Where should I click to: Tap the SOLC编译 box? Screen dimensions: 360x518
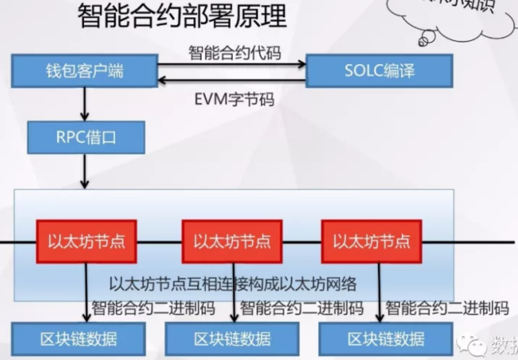[379, 70]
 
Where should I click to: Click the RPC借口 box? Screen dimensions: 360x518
[86, 137]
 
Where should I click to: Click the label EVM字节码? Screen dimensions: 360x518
[234, 99]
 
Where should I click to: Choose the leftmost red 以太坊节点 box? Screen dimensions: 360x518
[86, 241]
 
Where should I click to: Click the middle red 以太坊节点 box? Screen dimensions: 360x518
[232, 241]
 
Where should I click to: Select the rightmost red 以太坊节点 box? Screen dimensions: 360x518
[371, 241]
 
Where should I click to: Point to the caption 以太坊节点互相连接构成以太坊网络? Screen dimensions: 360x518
[233, 284]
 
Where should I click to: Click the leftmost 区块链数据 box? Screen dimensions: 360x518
[78, 338]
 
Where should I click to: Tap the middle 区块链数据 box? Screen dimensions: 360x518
[232, 338]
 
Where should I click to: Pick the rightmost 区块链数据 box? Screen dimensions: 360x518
[386, 338]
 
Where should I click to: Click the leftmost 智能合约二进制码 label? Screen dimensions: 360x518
[153, 308]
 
